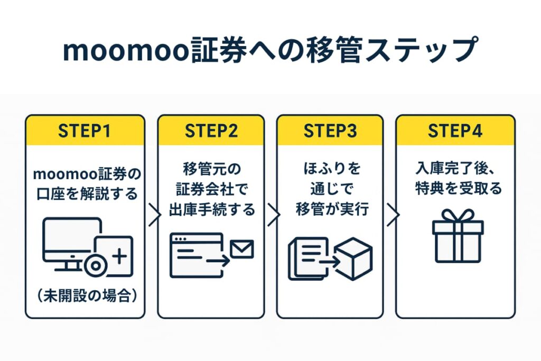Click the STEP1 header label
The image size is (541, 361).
[85, 131]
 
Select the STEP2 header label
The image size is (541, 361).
[211, 131]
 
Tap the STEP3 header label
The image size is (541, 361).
[330, 131]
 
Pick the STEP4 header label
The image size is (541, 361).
[455, 131]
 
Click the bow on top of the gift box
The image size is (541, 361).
[458, 215]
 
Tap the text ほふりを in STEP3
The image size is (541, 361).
[330, 169]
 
